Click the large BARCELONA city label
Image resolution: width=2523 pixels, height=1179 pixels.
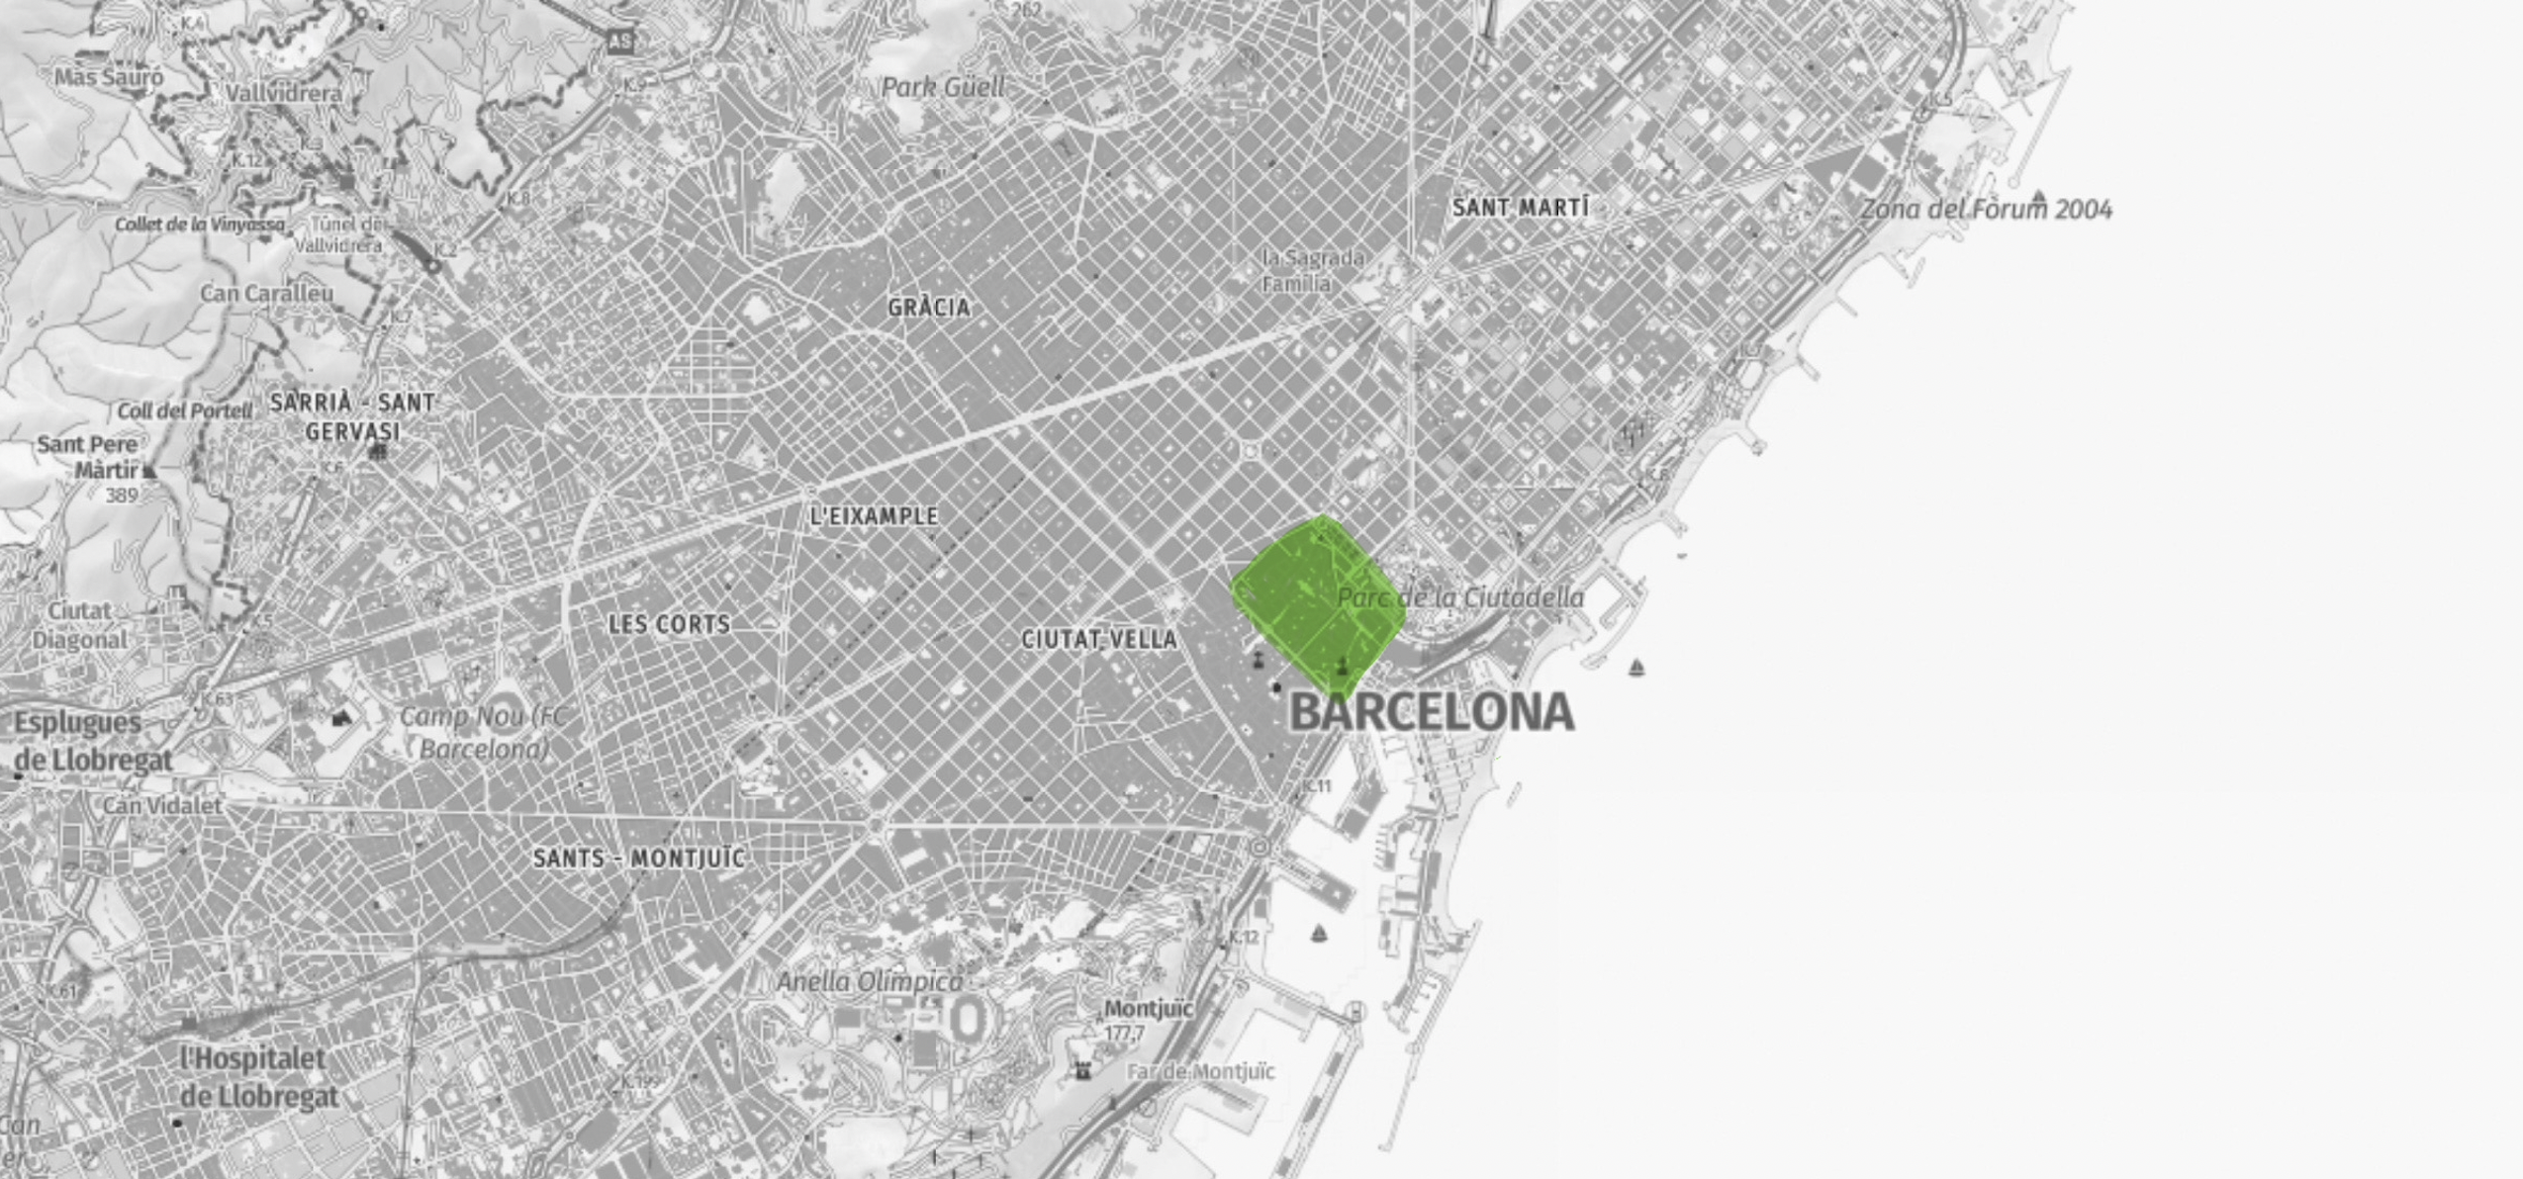click(x=1432, y=712)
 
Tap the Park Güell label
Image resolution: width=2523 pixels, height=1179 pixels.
click(x=942, y=88)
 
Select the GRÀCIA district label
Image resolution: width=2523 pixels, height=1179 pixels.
click(x=928, y=308)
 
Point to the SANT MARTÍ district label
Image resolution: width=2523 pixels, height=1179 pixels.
click(x=1520, y=208)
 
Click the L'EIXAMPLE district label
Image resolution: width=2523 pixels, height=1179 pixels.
click(x=874, y=516)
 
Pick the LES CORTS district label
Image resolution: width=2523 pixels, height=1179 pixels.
click(x=669, y=624)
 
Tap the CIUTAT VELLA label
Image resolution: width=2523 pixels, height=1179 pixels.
click(x=1098, y=640)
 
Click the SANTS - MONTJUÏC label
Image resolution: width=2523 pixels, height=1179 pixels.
click(x=638, y=858)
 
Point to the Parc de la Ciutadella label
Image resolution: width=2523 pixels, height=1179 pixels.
click(x=1460, y=597)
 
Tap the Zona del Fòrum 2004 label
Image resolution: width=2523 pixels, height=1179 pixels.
click(x=1986, y=210)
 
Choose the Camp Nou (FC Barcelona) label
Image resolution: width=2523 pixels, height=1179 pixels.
click(x=484, y=732)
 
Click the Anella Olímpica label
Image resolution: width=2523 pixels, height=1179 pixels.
click(x=869, y=982)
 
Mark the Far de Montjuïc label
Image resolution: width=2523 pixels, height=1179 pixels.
click(x=1200, y=1072)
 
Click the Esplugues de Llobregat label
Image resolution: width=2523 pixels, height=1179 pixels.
click(x=92, y=741)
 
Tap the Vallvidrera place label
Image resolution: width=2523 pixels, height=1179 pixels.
click(x=284, y=94)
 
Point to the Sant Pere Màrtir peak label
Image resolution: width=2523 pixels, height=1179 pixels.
click(x=89, y=456)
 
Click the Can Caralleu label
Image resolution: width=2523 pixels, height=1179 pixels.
click(x=267, y=294)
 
